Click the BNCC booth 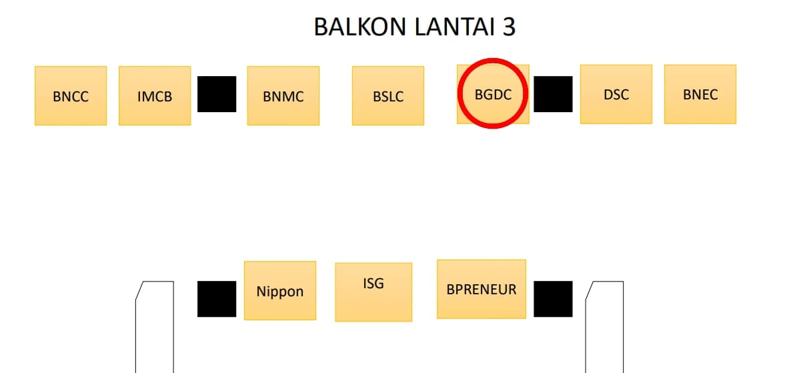(71, 95)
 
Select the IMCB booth (155, 95)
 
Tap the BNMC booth (283, 95)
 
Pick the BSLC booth (387, 95)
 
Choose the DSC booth (616, 94)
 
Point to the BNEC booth (700, 94)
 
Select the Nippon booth (279, 290)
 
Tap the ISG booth (373, 292)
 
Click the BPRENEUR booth (481, 289)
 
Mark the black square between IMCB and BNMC (217, 94)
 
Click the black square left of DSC (553, 94)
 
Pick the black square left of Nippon (217, 299)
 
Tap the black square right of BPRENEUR (553, 299)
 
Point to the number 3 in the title (509, 27)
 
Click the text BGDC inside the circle (493, 94)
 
